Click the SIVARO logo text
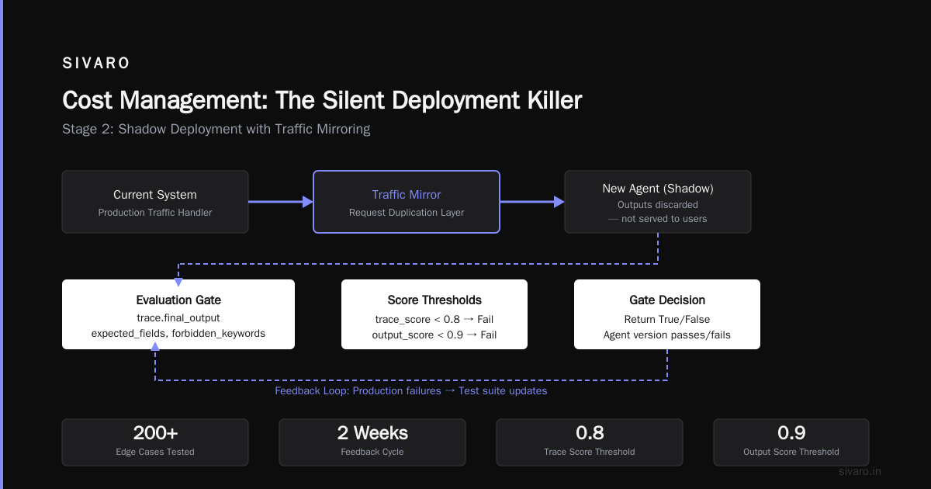(x=96, y=63)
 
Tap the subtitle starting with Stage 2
(x=216, y=130)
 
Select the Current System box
(x=155, y=202)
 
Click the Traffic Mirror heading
(x=406, y=195)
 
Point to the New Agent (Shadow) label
(x=658, y=189)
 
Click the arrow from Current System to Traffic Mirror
(x=281, y=202)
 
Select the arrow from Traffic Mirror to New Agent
(x=532, y=202)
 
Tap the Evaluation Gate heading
(x=178, y=300)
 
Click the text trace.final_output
(x=178, y=318)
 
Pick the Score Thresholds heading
(x=434, y=300)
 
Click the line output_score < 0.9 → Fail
(x=434, y=335)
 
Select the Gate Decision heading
(x=667, y=300)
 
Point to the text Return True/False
(x=667, y=319)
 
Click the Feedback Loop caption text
(x=411, y=391)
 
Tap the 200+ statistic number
(x=155, y=433)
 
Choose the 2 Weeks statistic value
(x=372, y=433)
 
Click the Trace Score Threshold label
(x=590, y=452)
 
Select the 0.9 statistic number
(x=791, y=433)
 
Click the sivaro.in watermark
(x=860, y=472)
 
